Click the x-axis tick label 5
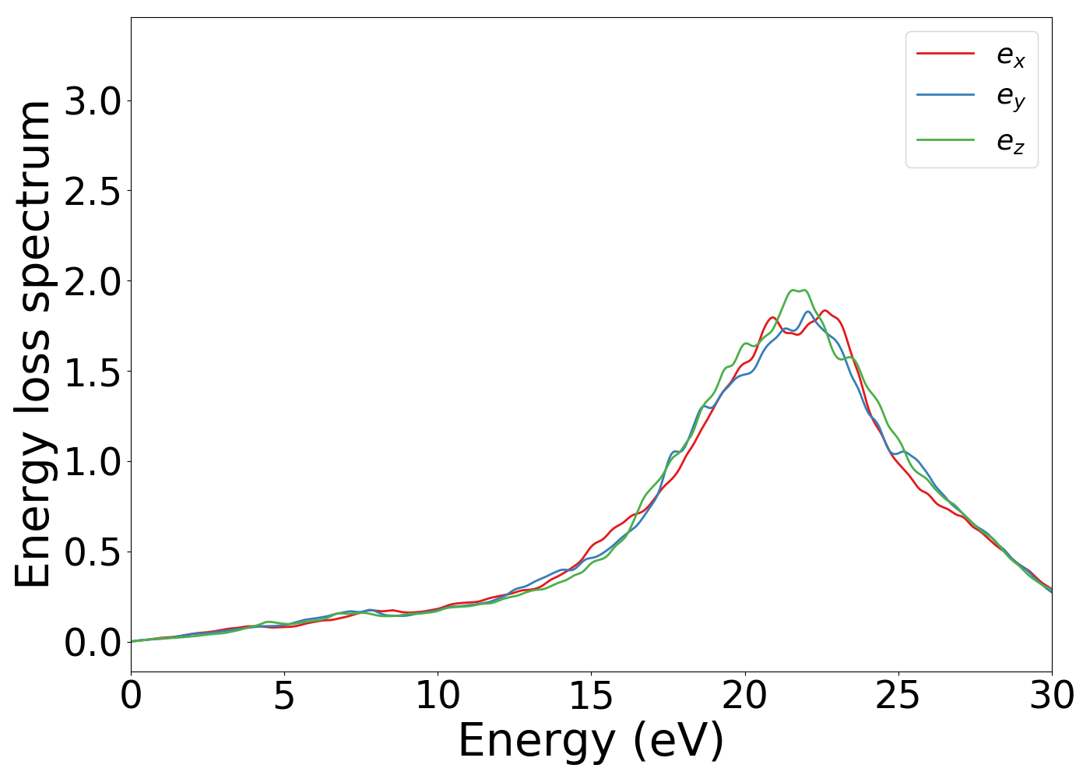pos(284,696)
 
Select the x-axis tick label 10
pos(438,696)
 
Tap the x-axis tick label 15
pos(591,696)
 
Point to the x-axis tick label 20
pos(745,696)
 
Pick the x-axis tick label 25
pos(898,696)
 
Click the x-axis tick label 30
pos(1052,696)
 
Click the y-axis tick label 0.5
pos(93,552)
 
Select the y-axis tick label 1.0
pos(93,462)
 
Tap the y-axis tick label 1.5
pos(93,372)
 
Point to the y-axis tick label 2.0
pos(93,281)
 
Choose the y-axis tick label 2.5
pos(93,191)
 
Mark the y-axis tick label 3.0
pos(93,101)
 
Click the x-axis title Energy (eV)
pos(591,741)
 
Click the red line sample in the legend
pos(945,53)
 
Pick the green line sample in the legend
pos(945,139)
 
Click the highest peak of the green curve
pos(793,291)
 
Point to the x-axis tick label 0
pos(131,696)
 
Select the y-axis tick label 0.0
pos(93,643)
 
